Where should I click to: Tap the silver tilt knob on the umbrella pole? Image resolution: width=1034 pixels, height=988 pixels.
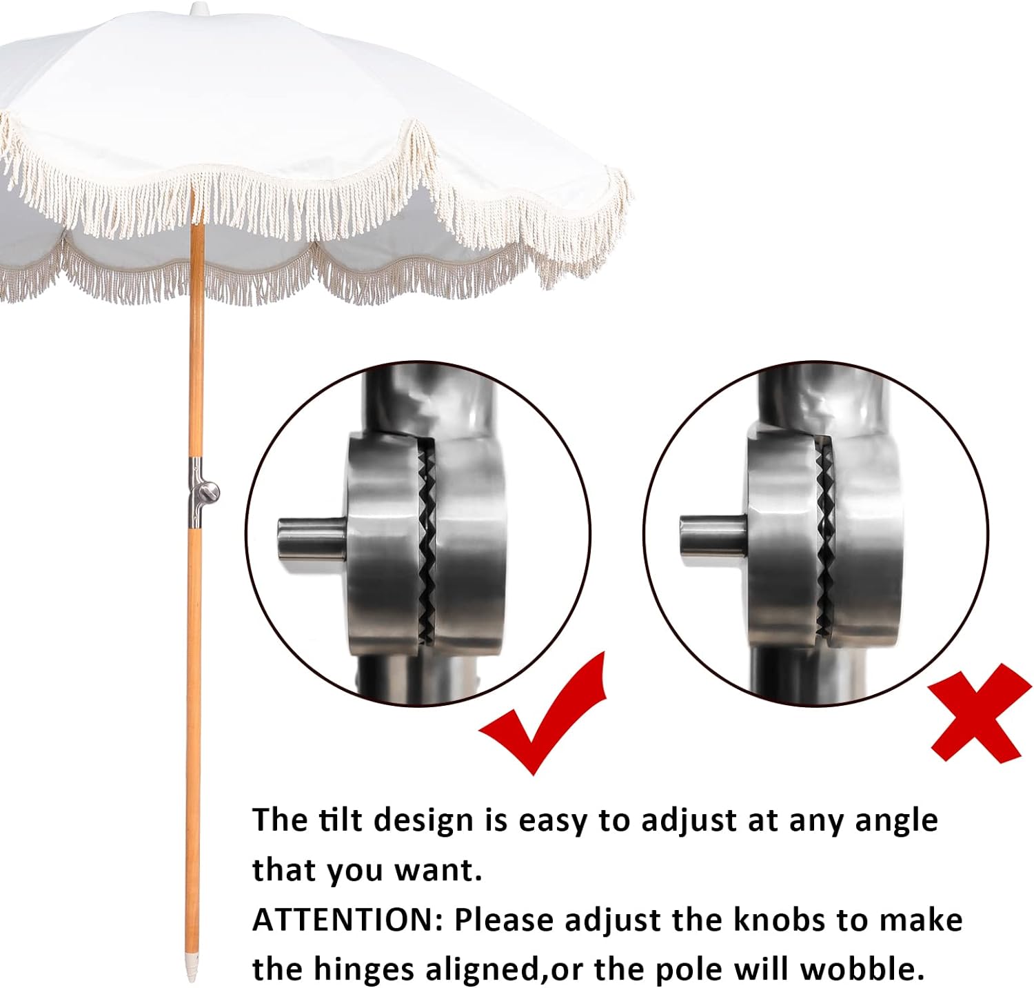pyautogui.click(x=208, y=492)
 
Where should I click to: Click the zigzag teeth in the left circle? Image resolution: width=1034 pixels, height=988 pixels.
pyautogui.click(x=427, y=545)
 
